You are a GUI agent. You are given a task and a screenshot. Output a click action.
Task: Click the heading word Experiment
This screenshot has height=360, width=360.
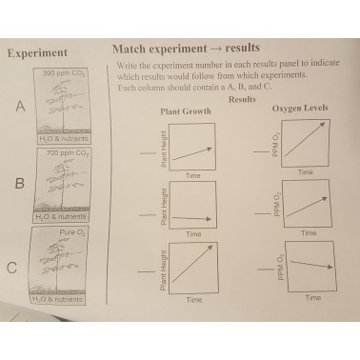click(x=37, y=52)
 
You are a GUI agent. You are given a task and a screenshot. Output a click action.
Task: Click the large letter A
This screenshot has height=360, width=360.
click(x=19, y=108)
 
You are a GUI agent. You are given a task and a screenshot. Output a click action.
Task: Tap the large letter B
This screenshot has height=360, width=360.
click(x=18, y=184)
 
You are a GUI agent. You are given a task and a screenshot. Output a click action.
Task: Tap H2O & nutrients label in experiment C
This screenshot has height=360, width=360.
click(x=59, y=299)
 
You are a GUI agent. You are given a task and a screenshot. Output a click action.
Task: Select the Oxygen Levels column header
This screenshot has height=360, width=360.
click(x=300, y=108)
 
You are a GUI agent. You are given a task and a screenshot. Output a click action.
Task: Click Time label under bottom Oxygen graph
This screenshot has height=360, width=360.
click(x=312, y=297)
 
